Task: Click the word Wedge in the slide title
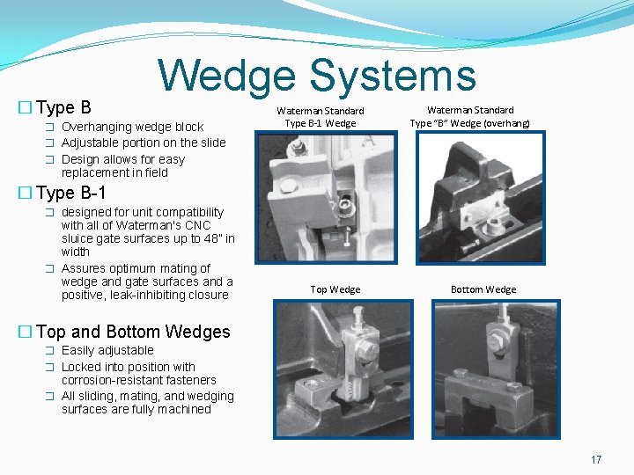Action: click(227, 77)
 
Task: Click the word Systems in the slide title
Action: click(393, 76)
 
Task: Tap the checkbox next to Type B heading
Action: click(25, 107)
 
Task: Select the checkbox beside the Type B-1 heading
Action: click(25, 193)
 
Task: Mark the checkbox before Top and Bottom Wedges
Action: click(25, 332)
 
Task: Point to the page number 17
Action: click(596, 459)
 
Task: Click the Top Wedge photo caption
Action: click(335, 289)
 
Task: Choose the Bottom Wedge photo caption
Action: click(483, 289)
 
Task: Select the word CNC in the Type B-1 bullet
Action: click(198, 225)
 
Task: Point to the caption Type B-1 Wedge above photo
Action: click(321, 123)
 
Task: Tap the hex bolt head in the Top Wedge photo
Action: click(366, 350)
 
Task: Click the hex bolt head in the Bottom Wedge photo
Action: click(495, 340)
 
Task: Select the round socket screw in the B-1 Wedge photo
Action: click(346, 207)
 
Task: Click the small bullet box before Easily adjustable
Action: click(49, 351)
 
